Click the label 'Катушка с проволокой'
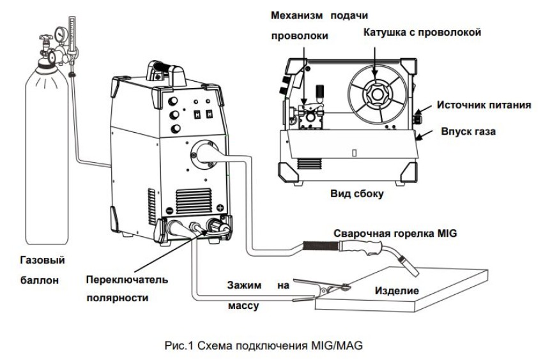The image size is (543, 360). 422,32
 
